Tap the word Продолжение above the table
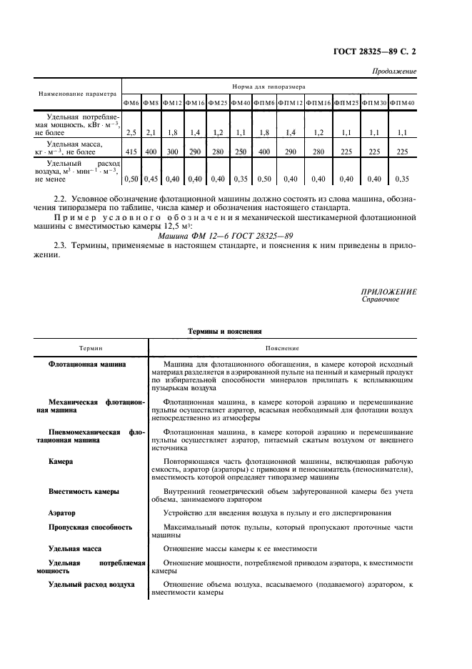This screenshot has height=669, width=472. [395, 72]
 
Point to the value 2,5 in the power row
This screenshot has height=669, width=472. [131, 133]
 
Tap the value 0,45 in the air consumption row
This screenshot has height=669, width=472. [150, 179]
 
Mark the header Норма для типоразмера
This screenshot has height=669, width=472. [269, 86]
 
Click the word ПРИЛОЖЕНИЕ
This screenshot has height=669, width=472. [389, 292]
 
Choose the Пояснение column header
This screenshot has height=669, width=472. [282, 348]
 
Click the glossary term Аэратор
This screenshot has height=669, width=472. [61, 513]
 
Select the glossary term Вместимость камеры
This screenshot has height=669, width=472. [84, 492]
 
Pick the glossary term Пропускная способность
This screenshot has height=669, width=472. [90, 527]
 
